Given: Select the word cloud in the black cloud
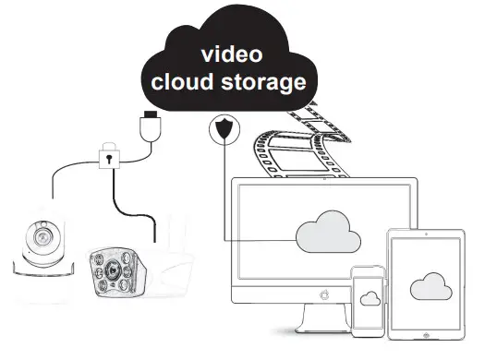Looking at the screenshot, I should pyautogui.click(x=180, y=82).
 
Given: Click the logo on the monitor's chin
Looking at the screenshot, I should pyautogui.click(x=322, y=295).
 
